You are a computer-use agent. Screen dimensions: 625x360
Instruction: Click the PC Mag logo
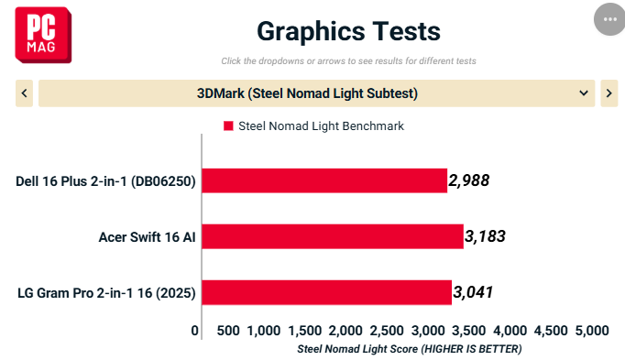point(43,35)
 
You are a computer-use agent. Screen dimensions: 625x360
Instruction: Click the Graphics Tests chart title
point(349,31)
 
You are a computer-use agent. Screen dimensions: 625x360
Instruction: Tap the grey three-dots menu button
point(609,19)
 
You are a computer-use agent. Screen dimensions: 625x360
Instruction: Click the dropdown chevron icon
point(584,93)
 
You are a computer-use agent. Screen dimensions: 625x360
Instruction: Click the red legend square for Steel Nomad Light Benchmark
point(228,125)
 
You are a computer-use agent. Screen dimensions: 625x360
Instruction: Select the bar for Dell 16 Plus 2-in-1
point(324,180)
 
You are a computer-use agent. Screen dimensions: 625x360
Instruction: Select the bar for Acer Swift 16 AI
point(333,236)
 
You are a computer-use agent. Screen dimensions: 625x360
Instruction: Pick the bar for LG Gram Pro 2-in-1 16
point(327,293)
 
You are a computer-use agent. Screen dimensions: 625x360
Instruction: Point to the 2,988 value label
point(469,180)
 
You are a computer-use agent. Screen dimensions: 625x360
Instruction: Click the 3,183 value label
point(485,236)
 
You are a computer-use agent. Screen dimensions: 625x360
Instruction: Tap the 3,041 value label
point(473,292)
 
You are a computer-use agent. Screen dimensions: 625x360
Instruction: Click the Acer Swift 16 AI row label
point(147,237)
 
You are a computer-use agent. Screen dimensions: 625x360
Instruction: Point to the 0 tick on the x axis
point(194,331)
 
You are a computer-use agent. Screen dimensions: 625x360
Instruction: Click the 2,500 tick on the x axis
point(387,331)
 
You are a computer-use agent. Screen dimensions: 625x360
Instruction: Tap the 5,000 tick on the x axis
point(592,331)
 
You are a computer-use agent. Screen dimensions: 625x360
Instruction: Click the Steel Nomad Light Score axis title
point(410,349)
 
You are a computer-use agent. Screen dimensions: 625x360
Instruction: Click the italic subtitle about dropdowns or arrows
point(349,61)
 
